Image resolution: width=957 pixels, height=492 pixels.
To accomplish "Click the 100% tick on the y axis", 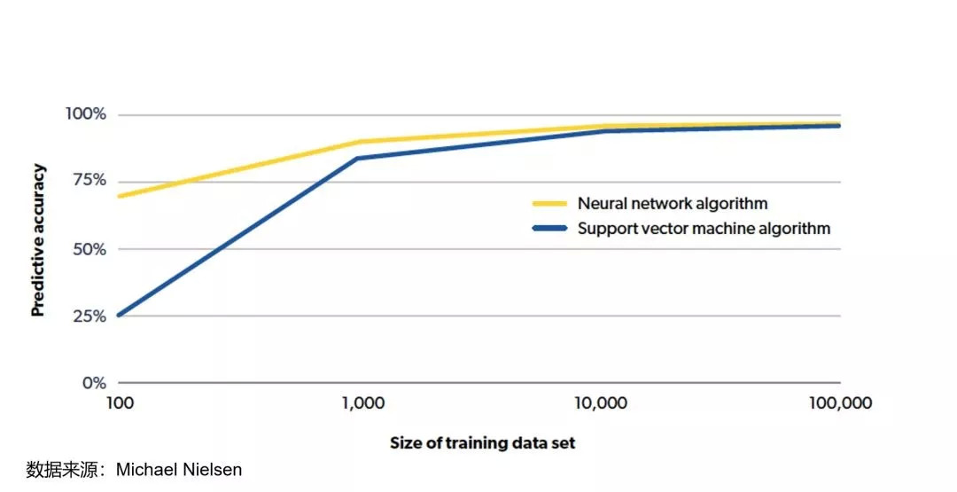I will pos(85,114).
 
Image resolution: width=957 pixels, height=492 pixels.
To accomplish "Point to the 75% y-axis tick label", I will pos(89,181).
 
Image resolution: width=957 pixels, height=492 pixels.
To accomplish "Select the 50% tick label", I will pos(88,249).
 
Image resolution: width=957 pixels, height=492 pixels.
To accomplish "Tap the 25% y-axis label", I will pos(88,316).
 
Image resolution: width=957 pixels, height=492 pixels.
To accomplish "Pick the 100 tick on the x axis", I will pos(119,404).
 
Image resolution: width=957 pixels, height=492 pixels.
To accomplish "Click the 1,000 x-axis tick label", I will pos(362,404).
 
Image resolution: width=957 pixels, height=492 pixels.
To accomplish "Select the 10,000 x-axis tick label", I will pos(601,404).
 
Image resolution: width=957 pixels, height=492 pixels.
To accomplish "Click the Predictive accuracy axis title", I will pos(38,240).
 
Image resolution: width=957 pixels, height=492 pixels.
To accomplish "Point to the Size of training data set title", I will pos(482,442).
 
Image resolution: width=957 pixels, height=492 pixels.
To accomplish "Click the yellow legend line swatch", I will pos(549,203).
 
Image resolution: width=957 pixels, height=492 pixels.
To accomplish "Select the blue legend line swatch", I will pos(549,228).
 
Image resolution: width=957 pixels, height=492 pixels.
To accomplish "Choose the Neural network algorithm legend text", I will pos(673,203).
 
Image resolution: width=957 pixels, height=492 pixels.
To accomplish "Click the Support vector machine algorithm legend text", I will pos(704,228).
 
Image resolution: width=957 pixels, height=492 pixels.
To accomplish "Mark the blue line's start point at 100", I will pos(119,315).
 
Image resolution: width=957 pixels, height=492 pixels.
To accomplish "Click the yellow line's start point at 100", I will pos(119,196).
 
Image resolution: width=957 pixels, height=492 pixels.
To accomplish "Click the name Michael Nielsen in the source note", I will pos(179,470).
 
